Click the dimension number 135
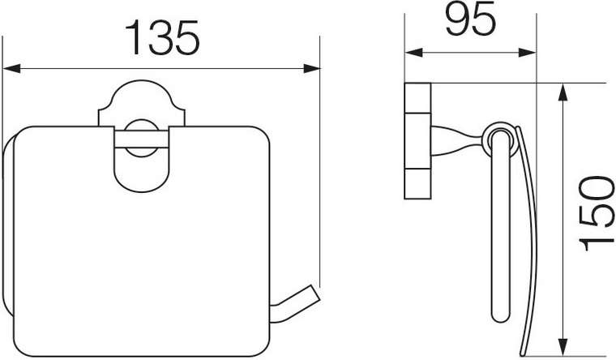pyautogui.click(x=162, y=37)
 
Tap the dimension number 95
pyautogui.click(x=471, y=19)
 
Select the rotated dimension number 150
pyautogui.click(x=597, y=213)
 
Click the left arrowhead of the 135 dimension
pyautogui.click(x=11, y=68)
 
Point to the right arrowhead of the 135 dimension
pyautogui.click(x=311, y=68)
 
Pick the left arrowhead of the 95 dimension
pyautogui.click(x=413, y=53)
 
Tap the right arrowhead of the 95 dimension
pyautogui.click(x=527, y=53)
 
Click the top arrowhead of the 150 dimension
pyautogui.click(x=563, y=92)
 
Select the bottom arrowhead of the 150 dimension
pyautogui.click(x=563, y=347)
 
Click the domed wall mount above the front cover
pyautogui.click(x=141, y=103)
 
